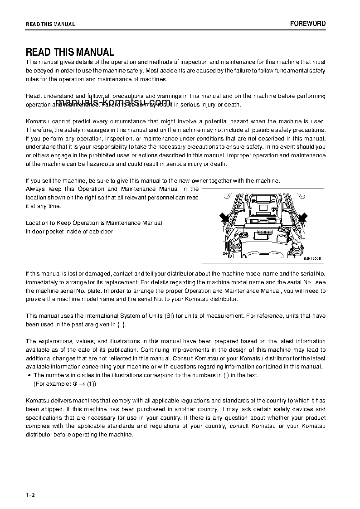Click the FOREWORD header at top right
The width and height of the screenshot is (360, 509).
[308, 24]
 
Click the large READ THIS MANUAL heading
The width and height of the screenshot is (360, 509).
[70, 52]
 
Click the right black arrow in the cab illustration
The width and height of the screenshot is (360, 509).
[302, 217]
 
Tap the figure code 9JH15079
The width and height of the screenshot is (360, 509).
[313, 258]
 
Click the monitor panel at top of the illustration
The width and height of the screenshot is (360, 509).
[263, 201]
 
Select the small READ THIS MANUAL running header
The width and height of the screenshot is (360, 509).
[50, 24]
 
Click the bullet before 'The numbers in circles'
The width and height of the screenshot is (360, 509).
[29, 375]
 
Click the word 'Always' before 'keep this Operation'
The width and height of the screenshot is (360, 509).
[35, 189]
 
